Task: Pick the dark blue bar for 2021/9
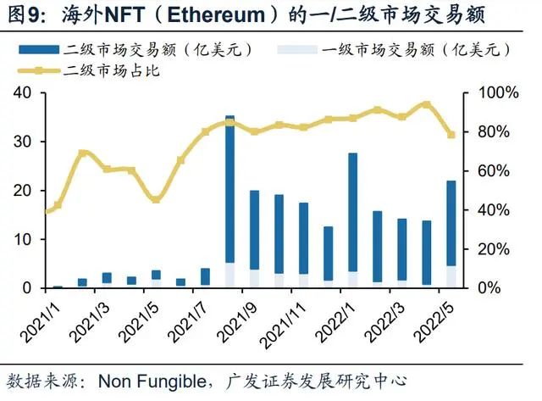[254, 230]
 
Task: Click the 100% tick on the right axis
[487, 92]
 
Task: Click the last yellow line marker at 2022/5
[451, 135]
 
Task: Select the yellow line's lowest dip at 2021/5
[156, 199]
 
